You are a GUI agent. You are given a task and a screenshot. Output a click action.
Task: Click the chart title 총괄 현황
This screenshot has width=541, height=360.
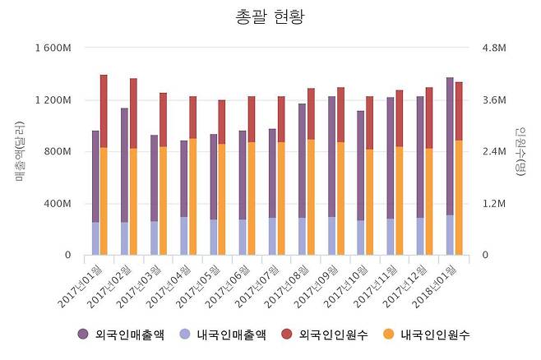point(270,16)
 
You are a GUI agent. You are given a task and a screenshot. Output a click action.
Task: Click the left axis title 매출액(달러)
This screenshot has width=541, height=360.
point(21,151)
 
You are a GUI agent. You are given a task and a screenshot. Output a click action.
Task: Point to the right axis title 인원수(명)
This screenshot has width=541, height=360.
point(520,151)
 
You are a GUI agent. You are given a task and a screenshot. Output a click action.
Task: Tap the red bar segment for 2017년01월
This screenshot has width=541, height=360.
point(104,111)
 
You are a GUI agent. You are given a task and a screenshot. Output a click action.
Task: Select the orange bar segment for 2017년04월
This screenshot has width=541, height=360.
point(192,196)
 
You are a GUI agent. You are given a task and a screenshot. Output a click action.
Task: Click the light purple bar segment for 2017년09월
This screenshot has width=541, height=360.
point(331,236)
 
